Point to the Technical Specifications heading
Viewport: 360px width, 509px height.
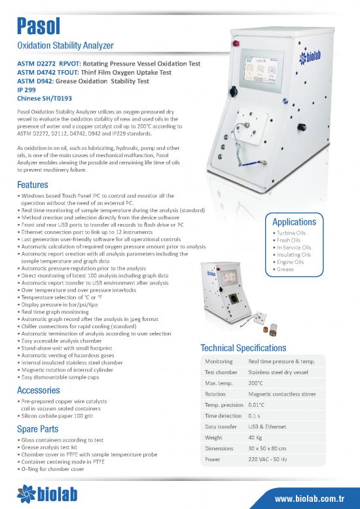tap(243, 347)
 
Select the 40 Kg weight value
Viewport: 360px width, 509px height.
tap(255, 438)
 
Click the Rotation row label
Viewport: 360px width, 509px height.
tap(215, 394)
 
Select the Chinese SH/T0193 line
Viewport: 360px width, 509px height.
tap(44, 98)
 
